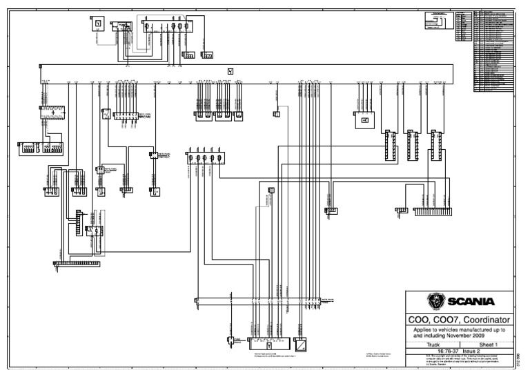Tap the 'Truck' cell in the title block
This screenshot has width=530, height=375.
[433, 343]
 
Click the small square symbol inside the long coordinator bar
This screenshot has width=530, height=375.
[230, 71]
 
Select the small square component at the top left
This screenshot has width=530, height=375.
[98, 24]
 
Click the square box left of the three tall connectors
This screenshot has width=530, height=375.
[364, 121]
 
